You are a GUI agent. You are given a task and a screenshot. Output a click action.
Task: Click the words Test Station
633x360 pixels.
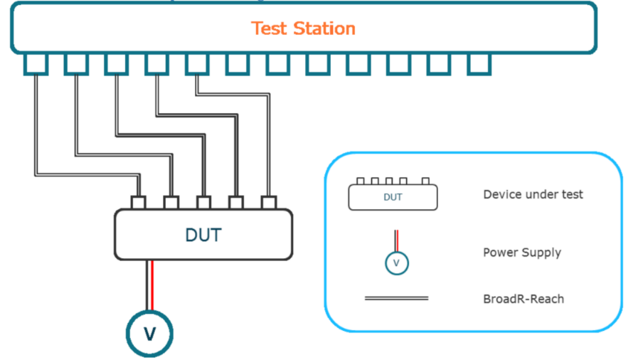[x=303, y=28]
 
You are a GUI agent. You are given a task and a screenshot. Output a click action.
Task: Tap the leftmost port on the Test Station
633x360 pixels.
[x=36, y=64]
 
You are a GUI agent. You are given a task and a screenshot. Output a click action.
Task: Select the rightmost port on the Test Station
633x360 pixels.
[x=479, y=64]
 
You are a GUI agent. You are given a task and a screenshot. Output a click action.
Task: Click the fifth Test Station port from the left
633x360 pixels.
[x=197, y=64]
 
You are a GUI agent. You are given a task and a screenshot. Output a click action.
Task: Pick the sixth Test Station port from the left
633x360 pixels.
[x=238, y=64]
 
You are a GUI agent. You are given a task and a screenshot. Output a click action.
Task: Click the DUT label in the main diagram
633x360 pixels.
[x=203, y=235]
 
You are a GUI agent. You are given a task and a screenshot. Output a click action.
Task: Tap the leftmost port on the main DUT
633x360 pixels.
[x=139, y=203]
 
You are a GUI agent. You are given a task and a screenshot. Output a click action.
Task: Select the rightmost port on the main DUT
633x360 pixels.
[x=269, y=203]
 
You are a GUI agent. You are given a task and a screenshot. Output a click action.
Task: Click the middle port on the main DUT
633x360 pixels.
[x=203, y=203]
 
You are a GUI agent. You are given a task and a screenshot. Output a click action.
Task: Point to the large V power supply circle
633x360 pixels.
[x=150, y=334]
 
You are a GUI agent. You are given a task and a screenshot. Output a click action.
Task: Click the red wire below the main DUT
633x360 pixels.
[x=152, y=285]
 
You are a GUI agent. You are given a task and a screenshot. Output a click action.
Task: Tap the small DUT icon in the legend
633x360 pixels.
[x=393, y=194]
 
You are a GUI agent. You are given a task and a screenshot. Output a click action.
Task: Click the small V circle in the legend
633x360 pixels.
[x=396, y=263]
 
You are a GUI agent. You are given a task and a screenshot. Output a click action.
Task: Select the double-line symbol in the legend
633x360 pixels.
[x=396, y=299]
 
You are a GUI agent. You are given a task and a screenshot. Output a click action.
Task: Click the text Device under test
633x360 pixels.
[x=533, y=194]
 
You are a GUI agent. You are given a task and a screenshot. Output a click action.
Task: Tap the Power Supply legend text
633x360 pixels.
[x=522, y=253]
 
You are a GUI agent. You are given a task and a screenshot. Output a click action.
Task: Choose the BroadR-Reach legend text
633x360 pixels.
[x=523, y=299]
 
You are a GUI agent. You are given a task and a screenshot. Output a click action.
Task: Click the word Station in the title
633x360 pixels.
[x=324, y=28]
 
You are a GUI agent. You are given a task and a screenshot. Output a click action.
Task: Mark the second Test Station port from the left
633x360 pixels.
[x=76, y=64]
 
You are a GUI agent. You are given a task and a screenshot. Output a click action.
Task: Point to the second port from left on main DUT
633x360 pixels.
[x=171, y=203]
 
